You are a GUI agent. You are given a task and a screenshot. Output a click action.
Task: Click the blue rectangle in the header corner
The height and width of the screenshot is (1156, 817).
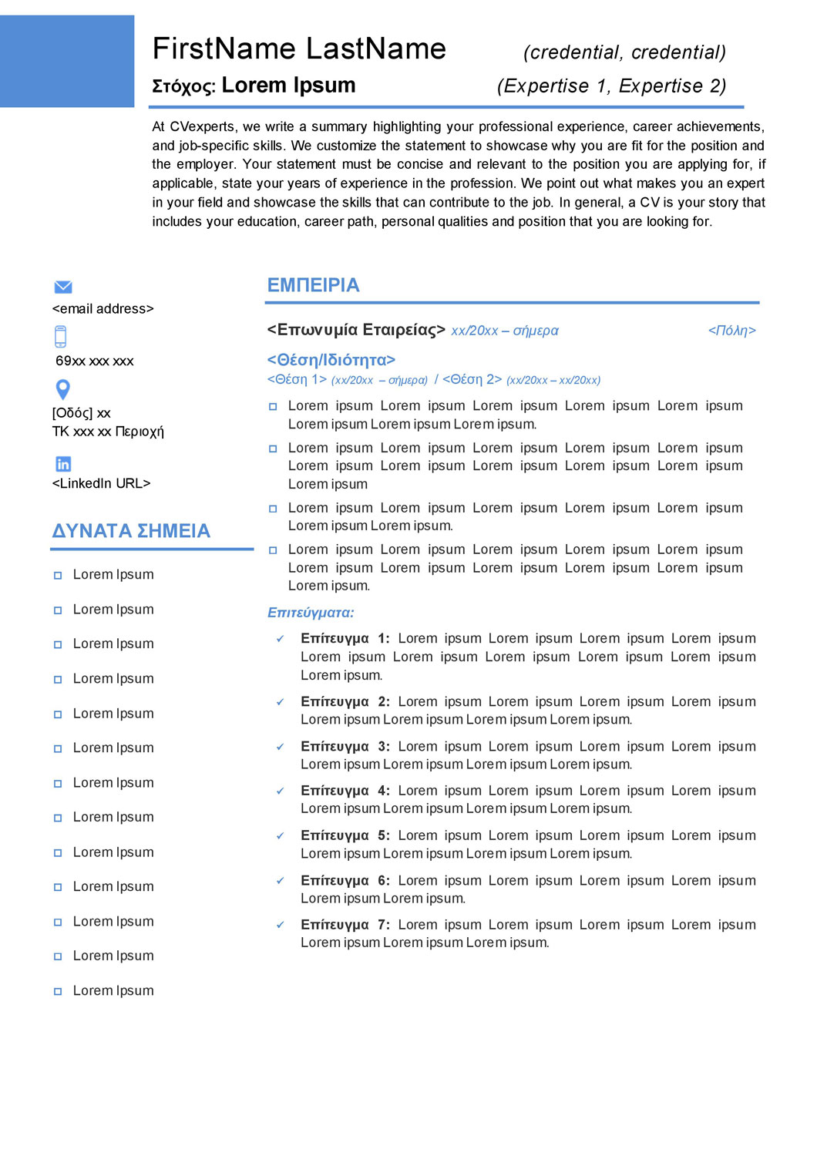67,61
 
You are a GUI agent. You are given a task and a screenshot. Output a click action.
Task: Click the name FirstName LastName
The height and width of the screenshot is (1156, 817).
299,49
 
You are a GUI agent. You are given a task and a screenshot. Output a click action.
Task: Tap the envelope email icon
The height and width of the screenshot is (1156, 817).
63,287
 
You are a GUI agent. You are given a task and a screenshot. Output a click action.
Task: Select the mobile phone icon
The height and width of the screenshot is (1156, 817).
61,337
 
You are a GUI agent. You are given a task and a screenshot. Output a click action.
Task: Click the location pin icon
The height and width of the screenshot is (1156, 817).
63,389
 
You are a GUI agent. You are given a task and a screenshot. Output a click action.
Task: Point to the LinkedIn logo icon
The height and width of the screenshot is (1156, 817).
63,463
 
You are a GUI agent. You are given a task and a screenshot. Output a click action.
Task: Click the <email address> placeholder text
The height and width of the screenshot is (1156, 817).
103,309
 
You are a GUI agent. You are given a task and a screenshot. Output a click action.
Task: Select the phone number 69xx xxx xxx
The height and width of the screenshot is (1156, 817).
95,361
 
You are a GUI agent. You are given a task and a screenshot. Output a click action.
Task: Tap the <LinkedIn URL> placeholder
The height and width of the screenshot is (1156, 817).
102,483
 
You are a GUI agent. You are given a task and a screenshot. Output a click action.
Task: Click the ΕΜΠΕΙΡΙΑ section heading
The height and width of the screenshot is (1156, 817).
313,285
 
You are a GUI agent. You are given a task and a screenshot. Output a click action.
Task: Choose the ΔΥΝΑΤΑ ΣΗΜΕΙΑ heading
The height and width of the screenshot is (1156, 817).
131,531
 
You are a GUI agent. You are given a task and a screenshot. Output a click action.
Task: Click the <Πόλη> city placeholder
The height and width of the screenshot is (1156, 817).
731,331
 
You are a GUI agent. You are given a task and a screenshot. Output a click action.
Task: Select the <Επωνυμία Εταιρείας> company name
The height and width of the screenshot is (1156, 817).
356,330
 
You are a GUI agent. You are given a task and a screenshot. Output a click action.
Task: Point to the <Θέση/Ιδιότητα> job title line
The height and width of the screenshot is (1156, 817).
331,360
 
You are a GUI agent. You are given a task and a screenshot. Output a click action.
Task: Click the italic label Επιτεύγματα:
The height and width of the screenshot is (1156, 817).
311,613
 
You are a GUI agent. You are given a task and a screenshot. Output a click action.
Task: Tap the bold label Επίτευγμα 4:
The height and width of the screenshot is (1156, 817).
345,791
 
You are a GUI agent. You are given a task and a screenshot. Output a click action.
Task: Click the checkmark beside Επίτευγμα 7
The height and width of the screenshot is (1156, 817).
281,925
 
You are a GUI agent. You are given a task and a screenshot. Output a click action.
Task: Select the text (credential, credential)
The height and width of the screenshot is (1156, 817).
624,52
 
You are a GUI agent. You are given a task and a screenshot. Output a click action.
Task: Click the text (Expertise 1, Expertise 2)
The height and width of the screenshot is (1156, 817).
611,86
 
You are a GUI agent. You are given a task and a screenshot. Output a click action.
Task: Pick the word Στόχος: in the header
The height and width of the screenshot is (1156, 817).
183,86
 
